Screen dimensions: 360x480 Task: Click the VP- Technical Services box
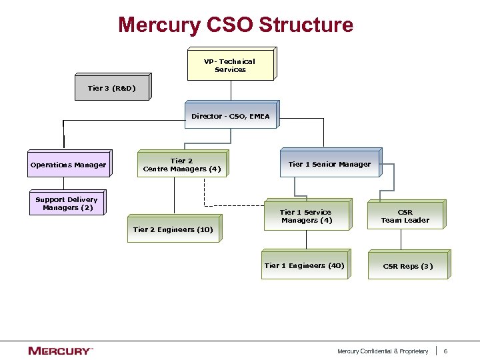(x=230, y=65)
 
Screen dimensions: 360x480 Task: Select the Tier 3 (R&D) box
(x=111, y=88)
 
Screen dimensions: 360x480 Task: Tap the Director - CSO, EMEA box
(x=230, y=116)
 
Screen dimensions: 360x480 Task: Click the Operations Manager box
(x=68, y=165)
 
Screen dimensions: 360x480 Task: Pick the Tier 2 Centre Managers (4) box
(x=181, y=165)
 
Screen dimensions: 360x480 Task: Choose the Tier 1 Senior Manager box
(x=329, y=164)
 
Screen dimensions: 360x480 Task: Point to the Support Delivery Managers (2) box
(x=66, y=203)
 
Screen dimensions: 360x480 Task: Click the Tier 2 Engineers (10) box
(x=173, y=229)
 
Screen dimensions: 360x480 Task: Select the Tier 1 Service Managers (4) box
(x=306, y=216)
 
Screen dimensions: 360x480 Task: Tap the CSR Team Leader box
(x=405, y=216)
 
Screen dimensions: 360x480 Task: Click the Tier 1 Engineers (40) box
(x=304, y=265)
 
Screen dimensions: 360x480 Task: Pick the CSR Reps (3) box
(x=407, y=266)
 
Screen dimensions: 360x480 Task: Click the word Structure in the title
(x=305, y=25)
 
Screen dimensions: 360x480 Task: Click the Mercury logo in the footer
(x=60, y=351)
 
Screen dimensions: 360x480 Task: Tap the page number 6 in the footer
(x=445, y=351)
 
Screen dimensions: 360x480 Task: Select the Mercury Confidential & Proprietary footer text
(x=383, y=351)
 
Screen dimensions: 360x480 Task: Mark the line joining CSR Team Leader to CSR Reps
(x=401, y=240)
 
